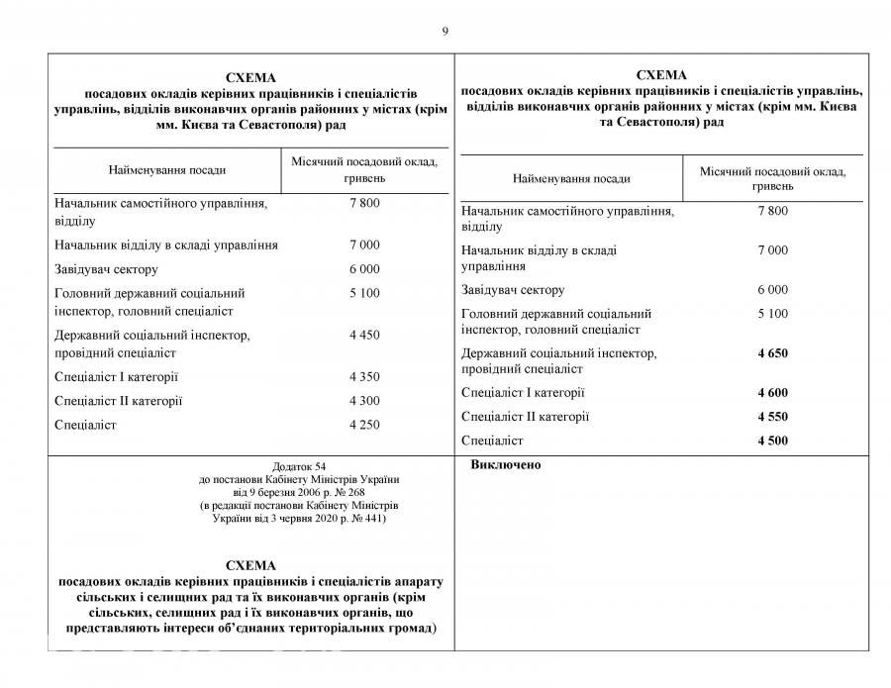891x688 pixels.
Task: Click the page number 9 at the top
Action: pyautogui.click(x=445, y=31)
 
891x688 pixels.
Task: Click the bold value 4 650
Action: pyautogui.click(x=772, y=353)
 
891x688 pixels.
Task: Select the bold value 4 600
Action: pyautogui.click(x=772, y=393)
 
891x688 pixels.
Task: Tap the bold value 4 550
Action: pyautogui.click(x=772, y=417)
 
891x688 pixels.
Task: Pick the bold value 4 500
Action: pyautogui.click(x=772, y=441)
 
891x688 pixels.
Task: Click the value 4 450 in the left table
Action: pyautogui.click(x=364, y=336)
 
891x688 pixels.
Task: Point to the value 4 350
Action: pyautogui.click(x=364, y=377)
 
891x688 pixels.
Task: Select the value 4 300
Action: pyautogui.click(x=364, y=401)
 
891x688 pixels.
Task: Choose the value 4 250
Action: pyautogui.click(x=364, y=425)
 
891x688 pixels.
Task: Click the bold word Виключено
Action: pyautogui.click(x=506, y=464)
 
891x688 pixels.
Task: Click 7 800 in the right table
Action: pyautogui.click(x=772, y=211)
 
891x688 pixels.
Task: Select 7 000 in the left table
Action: pyautogui.click(x=364, y=245)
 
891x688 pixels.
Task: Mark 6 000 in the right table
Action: pyautogui.click(x=772, y=290)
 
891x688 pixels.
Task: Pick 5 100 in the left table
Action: pyautogui.click(x=364, y=293)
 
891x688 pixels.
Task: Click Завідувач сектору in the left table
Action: pyautogui.click(x=106, y=269)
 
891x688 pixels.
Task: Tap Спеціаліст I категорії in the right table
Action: pyautogui.click(x=523, y=393)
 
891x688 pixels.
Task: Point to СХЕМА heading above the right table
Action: pyautogui.click(x=661, y=74)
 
